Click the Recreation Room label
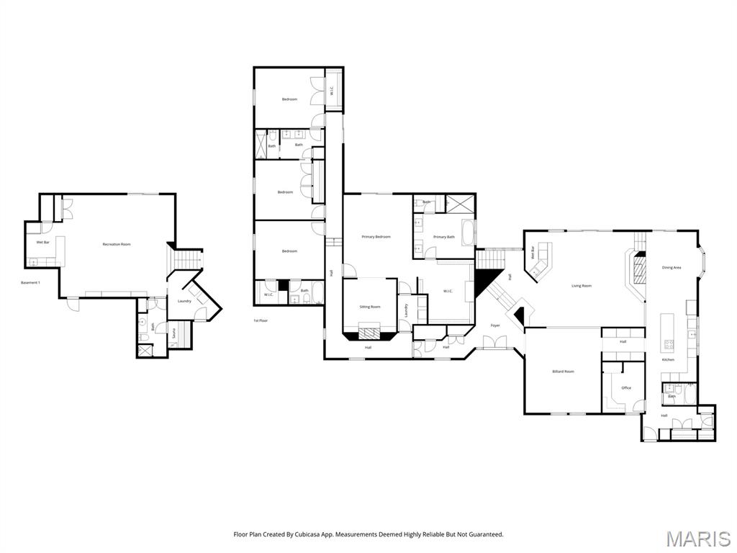117,245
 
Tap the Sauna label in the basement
173,333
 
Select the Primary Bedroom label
376,237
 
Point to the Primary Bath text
443,237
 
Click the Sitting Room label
370,307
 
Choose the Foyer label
495,325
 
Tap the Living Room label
582,286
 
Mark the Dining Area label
672,268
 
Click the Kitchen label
668,359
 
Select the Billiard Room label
563,372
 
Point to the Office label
626,388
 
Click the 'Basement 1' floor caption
30,282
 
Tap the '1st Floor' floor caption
261,320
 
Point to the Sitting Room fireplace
369,333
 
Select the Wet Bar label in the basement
42,243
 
